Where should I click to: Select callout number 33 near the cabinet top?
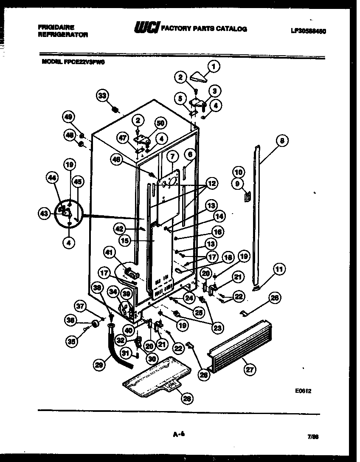pyautogui.click(x=102, y=96)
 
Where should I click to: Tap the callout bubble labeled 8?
pyautogui.click(x=281, y=141)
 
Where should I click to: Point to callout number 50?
pyautogui.click(x=160, y=124)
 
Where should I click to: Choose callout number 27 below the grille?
pyautogui.click(x=249, y=370)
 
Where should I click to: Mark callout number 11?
pyautogui.click(x=279, y=268)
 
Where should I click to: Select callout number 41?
pyautogui.click(x=110, y=254)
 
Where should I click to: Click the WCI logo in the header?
pyautogui.click(x=146, y=28)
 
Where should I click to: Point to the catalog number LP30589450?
pyautogui.click(x=311, y=31)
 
